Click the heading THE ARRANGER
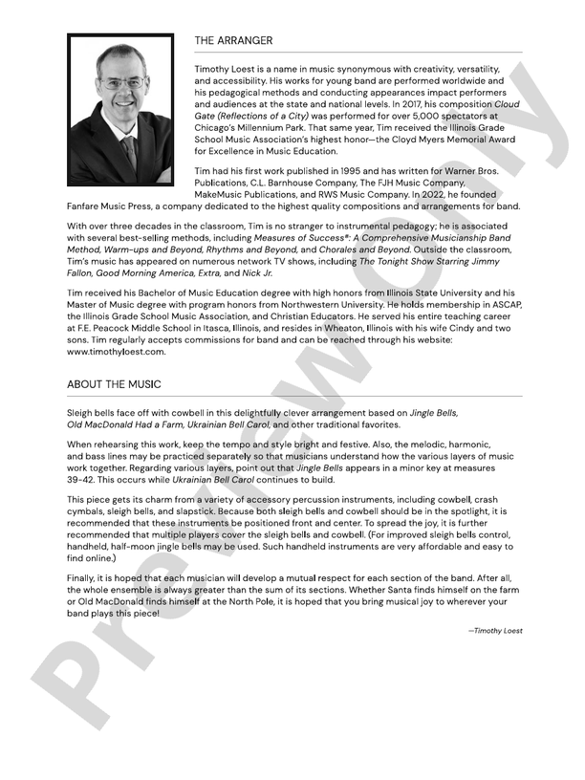click(233, 40)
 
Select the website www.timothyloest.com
click(117, 351)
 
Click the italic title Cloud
click(506, 103)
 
